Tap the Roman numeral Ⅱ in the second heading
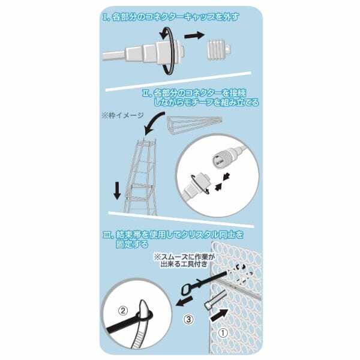(x=146, y=94)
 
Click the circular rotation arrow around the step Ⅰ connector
(x=170, y=53)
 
